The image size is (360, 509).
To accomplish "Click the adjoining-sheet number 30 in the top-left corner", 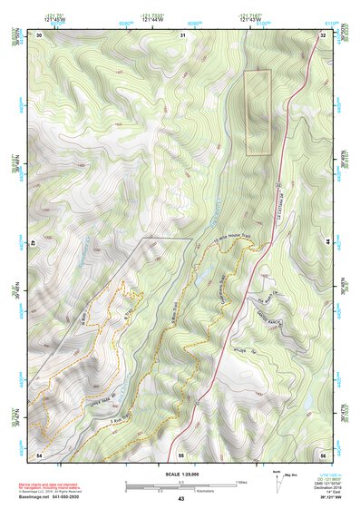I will (x=39, y=34).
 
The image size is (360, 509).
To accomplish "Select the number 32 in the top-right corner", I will (x=323, y=34).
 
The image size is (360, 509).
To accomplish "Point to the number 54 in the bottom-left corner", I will (x=39, y=454).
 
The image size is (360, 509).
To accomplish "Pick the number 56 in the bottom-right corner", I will (x=323, y=454).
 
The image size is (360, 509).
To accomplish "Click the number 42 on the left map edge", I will (x=35, y=243).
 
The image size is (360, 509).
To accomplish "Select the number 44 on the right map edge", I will (x=326, y=243).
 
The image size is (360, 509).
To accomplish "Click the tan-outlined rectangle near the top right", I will (x=258, y=113).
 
